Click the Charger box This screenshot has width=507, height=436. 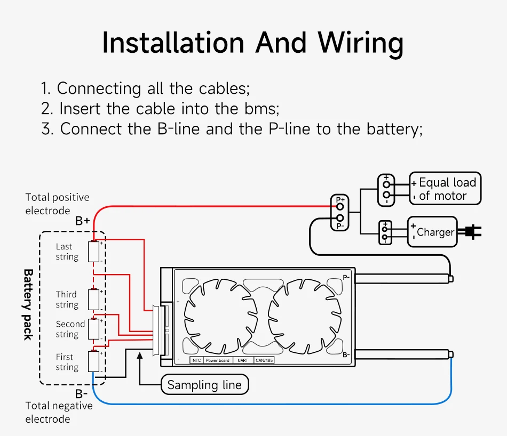click(x=432, y=232)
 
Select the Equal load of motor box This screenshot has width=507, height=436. click(x=445, y=189)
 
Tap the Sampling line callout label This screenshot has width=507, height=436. click(x=204, y=385)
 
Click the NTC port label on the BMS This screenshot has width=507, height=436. click(x=196, y=361)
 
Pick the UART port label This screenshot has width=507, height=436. click(x=243, y=361)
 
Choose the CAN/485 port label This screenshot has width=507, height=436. click(x=264, y=361)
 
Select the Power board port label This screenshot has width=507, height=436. click(x=218, y=361)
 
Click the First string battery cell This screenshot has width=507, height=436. click(x=94, y=361)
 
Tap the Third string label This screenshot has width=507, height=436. click(x=67, y=300)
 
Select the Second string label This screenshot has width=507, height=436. click(x=70, y=329)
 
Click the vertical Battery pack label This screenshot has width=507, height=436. click(x=28, y=304)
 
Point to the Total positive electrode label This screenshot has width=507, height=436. click(x=57, y=204)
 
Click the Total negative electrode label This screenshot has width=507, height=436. click(x=59, y=413)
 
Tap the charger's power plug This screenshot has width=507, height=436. click(x=472, y=231)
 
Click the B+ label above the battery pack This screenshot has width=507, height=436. click(x=82, y=221)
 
